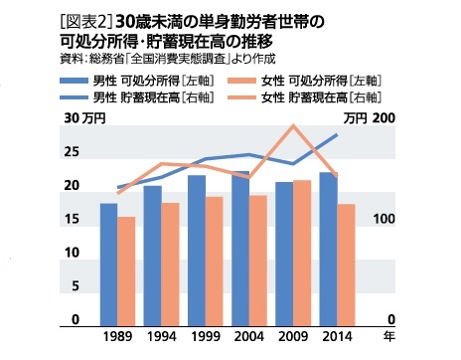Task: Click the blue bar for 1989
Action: point(108,264)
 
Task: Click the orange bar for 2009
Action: point(301,253)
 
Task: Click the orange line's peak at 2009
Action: point(292,125)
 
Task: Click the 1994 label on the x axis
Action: point(161,338)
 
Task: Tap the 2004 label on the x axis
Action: point(248,338)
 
